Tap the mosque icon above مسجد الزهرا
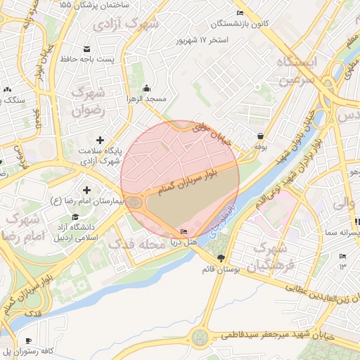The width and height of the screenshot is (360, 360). (x=146, y=89)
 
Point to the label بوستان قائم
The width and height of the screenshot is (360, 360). (x=221, y=269)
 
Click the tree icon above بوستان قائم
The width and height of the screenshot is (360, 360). (x=222, y=257)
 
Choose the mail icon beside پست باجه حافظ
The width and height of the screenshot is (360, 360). (x=87, y=49)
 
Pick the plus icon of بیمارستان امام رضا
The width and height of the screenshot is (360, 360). (x=86, y=190)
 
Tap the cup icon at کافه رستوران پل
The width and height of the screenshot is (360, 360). (x=35, y=338)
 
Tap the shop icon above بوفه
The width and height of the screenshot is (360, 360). (x=261, y=136)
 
